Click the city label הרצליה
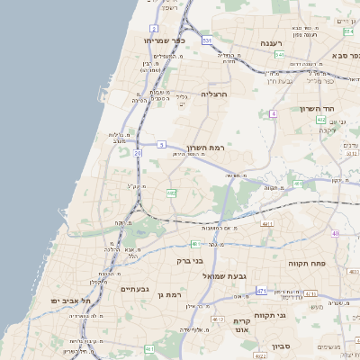coord(215,94)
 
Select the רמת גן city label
coord(168,294)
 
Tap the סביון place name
coord(281,345)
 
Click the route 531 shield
coord(207,40)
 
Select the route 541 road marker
coord(280,55)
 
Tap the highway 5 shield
coord(161,144)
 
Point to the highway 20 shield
coord(138,154)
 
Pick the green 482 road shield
coord(170,193)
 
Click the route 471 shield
coord(260,291)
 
